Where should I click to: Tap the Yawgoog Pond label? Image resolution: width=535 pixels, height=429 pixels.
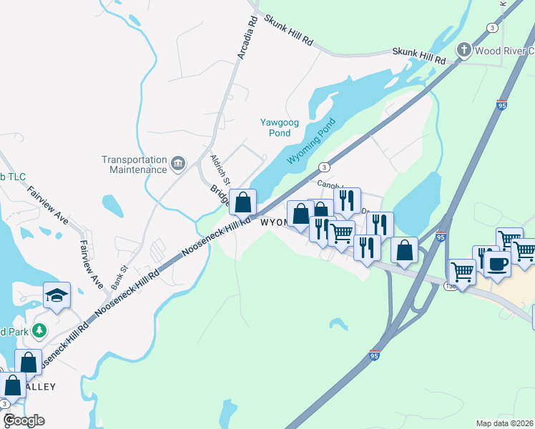(275, 127)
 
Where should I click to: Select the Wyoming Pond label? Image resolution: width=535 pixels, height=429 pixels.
(311, 142)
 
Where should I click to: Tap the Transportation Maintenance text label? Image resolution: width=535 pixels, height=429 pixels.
(134, 164)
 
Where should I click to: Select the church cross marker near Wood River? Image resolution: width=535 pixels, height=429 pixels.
(464, 50)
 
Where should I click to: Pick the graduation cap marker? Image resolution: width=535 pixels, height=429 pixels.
(57, 295)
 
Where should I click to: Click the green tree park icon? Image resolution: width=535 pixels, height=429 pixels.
(41, 330)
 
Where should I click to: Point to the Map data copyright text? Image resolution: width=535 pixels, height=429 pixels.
(504, 423)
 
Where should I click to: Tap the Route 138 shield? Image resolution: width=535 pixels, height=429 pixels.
(449, 285)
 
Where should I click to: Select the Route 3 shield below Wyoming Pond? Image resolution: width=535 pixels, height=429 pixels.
(325, 167)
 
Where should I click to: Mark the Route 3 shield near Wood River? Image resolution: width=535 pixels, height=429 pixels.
(491, 27)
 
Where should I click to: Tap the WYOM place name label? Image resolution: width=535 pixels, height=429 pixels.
(274, 222)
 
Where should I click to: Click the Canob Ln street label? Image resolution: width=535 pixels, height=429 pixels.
(330, 184)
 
